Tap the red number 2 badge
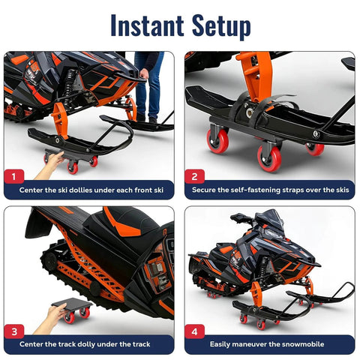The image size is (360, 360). [193, 177]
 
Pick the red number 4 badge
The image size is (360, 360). [193, 331]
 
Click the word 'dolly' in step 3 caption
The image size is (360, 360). [103, 343]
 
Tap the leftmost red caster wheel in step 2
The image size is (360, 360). [218, 141]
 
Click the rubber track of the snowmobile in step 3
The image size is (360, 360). [60, 262]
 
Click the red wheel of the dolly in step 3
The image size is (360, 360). [84, 313]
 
